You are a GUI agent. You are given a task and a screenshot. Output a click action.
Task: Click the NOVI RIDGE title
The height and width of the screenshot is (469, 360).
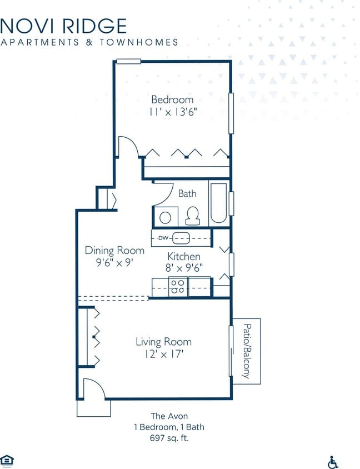[x=63, y=26]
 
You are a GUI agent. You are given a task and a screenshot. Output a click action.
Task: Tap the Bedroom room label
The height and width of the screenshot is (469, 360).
[x=173, y=99]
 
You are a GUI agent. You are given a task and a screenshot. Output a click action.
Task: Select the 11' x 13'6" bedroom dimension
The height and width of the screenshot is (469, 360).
[x=173, y=112]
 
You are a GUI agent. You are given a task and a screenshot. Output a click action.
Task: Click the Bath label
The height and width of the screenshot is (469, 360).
[x=187, y=194]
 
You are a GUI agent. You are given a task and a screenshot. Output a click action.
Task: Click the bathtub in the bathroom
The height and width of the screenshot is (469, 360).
[x=218, y=203]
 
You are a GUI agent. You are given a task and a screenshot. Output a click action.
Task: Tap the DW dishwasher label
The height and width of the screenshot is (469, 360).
[x=163, y=238]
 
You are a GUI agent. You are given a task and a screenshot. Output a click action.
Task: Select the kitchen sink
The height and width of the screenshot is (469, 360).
[x=181, y=238]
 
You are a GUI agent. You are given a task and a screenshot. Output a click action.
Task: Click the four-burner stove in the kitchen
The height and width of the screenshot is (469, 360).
[x=177, y=286]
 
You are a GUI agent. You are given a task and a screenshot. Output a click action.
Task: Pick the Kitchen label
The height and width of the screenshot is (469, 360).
[x=184, y=257]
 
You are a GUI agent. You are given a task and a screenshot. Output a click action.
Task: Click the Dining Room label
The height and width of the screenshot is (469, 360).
[x=114, y=251]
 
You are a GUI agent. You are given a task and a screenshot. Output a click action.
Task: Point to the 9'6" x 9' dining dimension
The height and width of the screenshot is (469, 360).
[x=114, y=263]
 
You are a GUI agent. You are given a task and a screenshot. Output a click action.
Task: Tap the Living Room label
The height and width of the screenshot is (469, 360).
[x=163, y=342]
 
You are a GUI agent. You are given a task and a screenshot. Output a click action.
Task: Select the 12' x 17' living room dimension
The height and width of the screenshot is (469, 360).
[x=163, y=354]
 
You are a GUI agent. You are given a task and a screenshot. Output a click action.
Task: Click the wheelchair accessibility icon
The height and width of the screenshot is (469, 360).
[x=333, y=462]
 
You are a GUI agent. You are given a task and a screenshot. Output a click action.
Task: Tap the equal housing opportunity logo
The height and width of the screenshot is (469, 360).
[x=7, y=460]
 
